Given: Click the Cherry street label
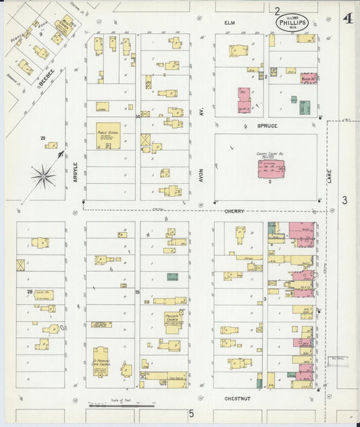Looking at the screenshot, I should tap(234, 211).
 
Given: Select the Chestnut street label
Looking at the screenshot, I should tap(237, 399).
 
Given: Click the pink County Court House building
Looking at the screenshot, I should tap(269, 169).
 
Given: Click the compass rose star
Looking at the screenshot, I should tap(43, 176).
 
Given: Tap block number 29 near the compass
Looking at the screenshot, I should tap(43, 139).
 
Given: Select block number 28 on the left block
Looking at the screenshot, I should tap(30, 291).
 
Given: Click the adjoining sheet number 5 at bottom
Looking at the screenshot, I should tap(191, 412).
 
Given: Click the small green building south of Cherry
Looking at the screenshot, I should tap(173, 276).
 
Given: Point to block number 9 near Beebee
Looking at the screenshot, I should tap(41, 33).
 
